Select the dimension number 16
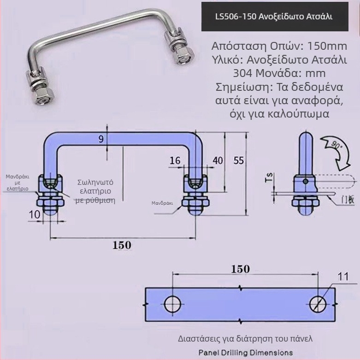175,160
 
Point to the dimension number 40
218,160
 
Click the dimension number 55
238,160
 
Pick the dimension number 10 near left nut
35,214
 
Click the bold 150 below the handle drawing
122,245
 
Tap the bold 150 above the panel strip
240,269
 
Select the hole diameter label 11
343,277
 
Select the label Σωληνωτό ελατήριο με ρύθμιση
96,191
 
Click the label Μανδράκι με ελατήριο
17,183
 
